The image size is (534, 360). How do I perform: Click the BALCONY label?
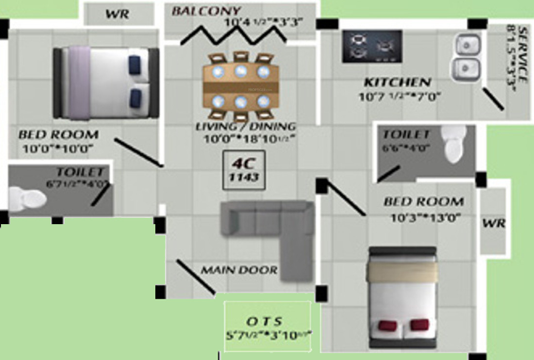[x=205, y=11]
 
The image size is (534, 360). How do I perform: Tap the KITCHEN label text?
[x=397, y=82]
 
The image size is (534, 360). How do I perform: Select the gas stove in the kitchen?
[x=372, y=46]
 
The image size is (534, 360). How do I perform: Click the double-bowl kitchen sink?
[x=467, y=57]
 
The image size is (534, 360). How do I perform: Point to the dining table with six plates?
[x=241, y=87]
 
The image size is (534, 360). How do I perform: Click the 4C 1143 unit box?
[x=244, y=170]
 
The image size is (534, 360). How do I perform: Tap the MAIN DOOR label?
[x=239, y=270]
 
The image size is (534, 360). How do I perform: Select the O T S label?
[x=264, y=321]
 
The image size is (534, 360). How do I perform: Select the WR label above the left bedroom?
[x=117, y=14]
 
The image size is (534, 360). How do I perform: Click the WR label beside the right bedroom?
[x=494, y=223]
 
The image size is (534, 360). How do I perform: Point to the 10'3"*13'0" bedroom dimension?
[x=426, y=218]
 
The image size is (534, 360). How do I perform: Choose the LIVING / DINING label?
[x=245, y=127]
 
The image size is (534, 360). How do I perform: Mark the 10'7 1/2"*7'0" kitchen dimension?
[x=399, y=96]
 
